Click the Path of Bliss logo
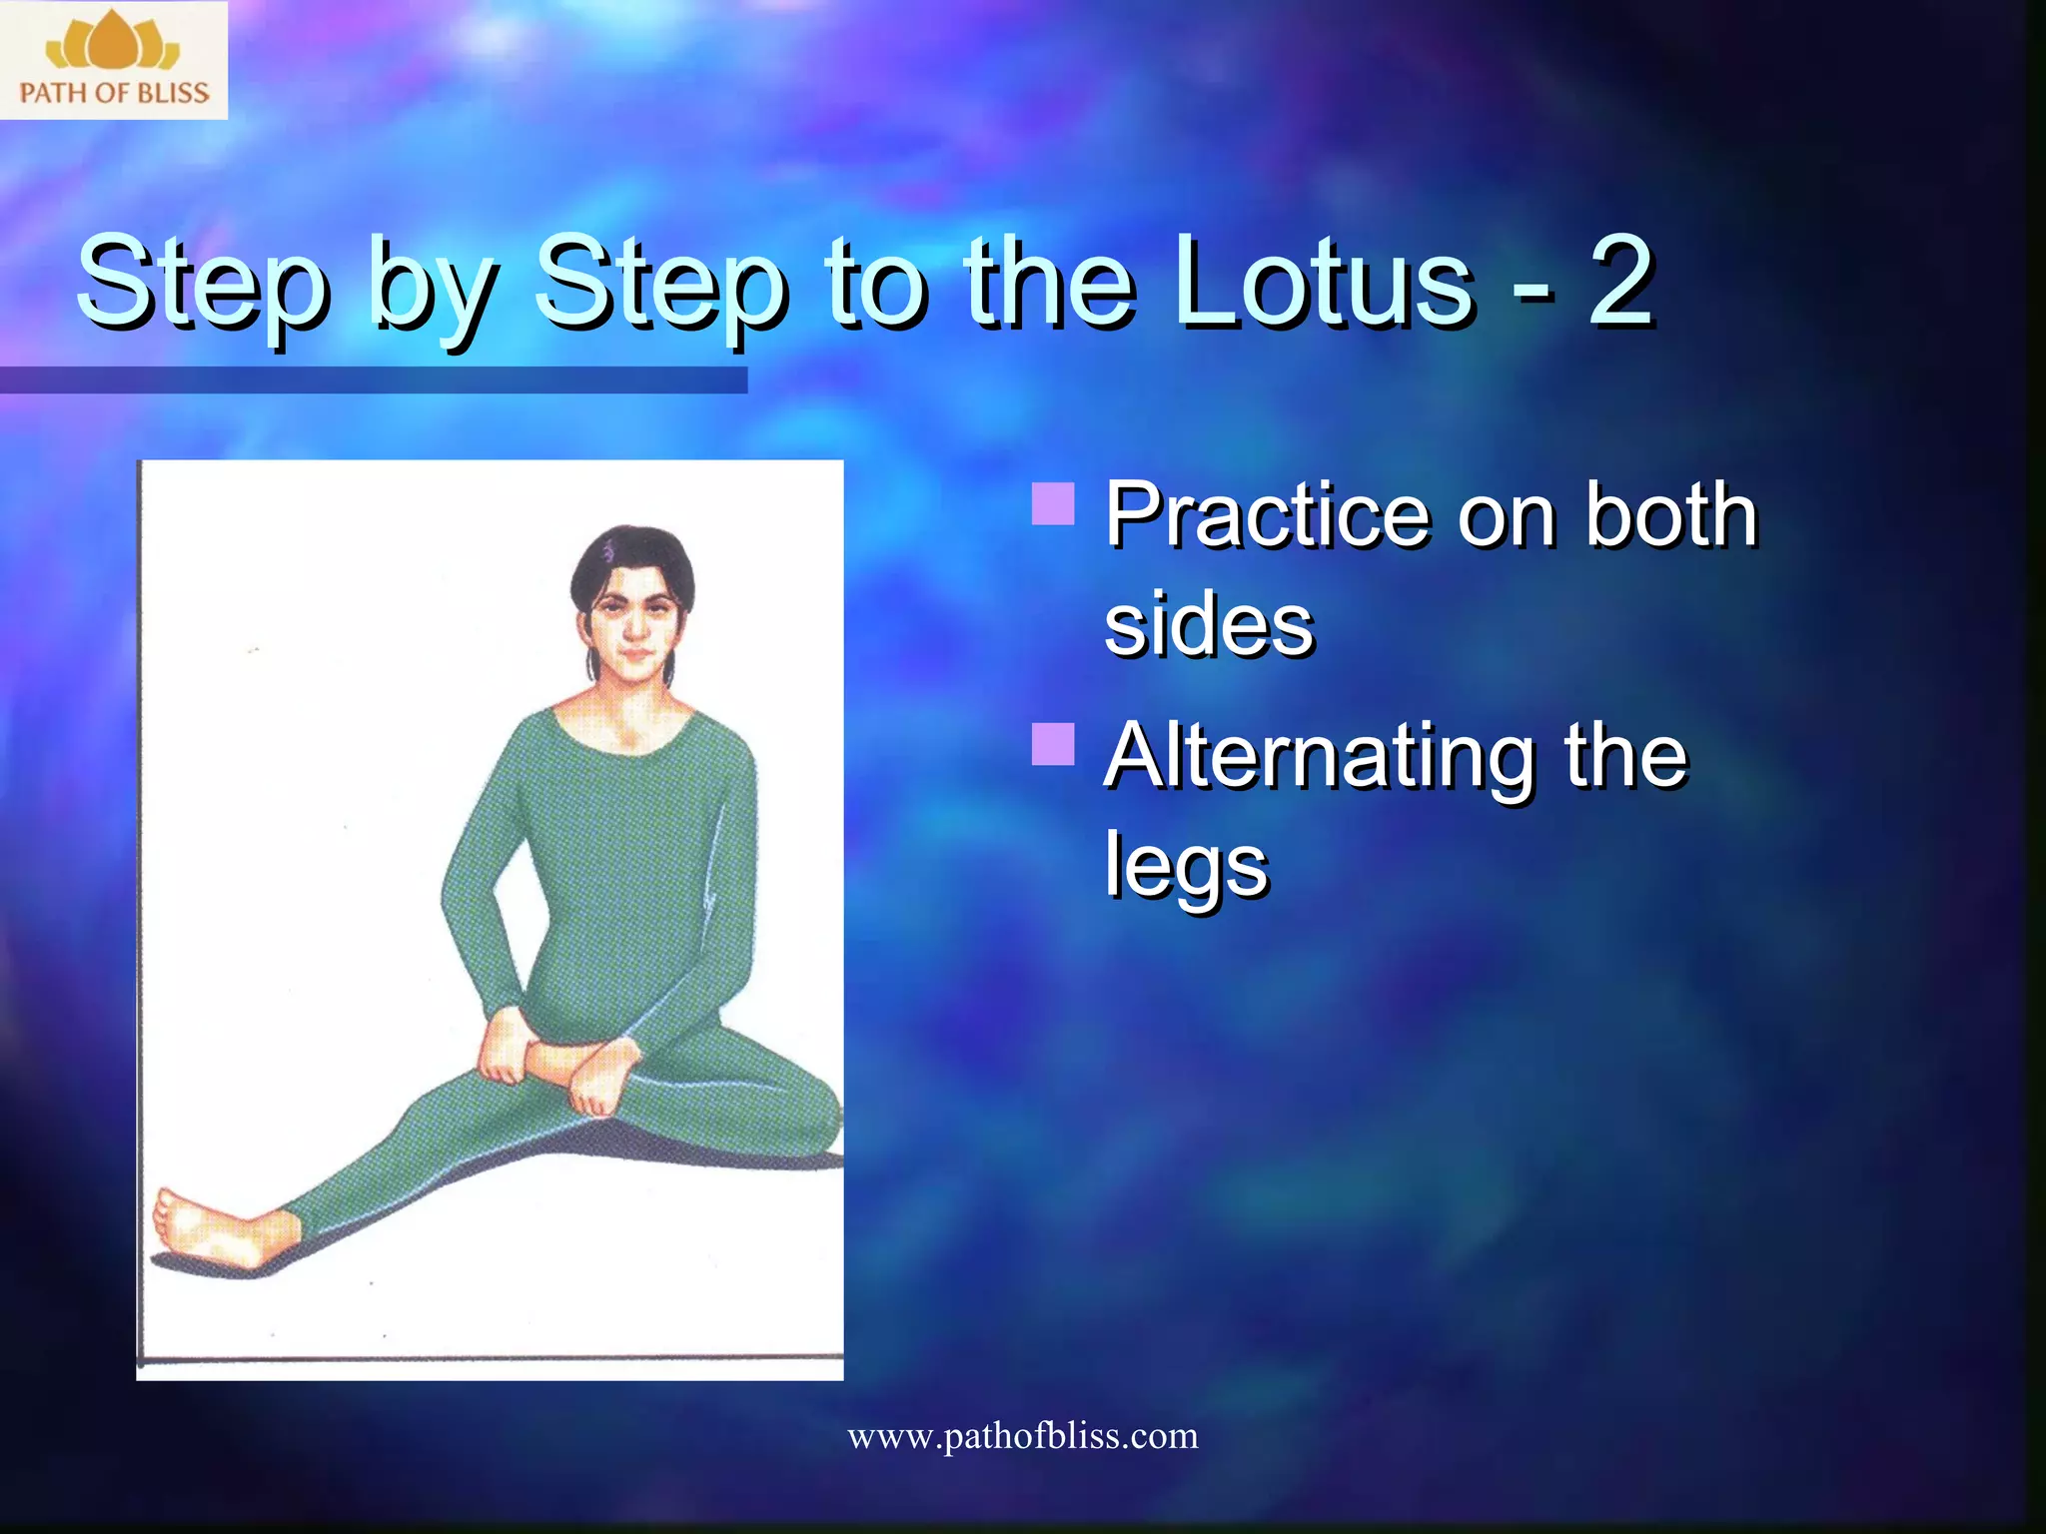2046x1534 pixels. [113, 60]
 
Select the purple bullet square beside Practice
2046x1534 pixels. [1053, 503]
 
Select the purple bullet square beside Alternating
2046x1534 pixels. [1053, 744]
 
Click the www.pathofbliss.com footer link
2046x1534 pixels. [1022, 1436]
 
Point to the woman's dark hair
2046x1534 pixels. [629, 554]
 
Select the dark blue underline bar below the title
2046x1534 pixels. [373, 380]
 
